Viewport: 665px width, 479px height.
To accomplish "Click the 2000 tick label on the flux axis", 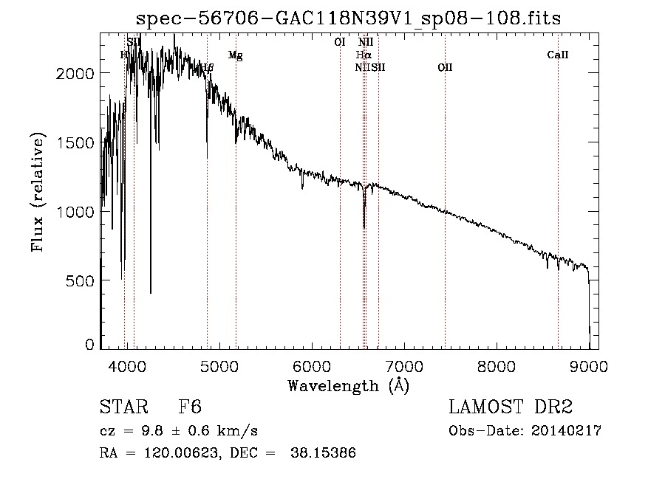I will click(78, 73).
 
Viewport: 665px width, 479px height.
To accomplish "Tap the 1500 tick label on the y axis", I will click(78, 142).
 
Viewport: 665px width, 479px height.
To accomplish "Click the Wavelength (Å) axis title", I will click(348, 385).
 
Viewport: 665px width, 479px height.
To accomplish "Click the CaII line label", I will click(558, 55).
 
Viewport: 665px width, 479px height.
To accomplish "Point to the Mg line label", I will click(236, 55).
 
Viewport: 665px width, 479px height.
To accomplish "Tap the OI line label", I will click(340, 42).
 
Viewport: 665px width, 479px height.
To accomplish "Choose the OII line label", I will click(445, 68).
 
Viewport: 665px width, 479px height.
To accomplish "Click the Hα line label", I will click(363, 55).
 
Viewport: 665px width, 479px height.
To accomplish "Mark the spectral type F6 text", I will click(190, 407).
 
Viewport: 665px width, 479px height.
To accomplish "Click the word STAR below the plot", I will click(123, 407).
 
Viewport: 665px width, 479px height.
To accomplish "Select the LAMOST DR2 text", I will click(511, 407).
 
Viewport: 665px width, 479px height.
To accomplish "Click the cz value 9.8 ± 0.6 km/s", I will click(195, 431).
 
